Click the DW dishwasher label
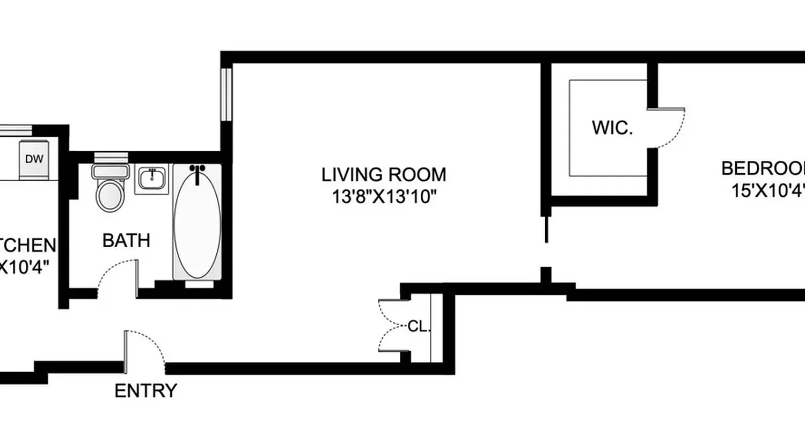pos(34,159)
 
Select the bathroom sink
pos(151,179)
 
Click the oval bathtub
pos(197,225)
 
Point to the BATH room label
pos(126,241)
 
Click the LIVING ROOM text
pos(383,175)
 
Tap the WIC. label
pos(612,128)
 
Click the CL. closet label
pos(419,326)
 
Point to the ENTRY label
pos(145,391)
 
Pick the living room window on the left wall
pos(227,94)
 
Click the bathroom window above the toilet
pos(111,157)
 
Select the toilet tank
pos(111,172)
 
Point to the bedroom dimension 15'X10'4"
pos(767,190)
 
